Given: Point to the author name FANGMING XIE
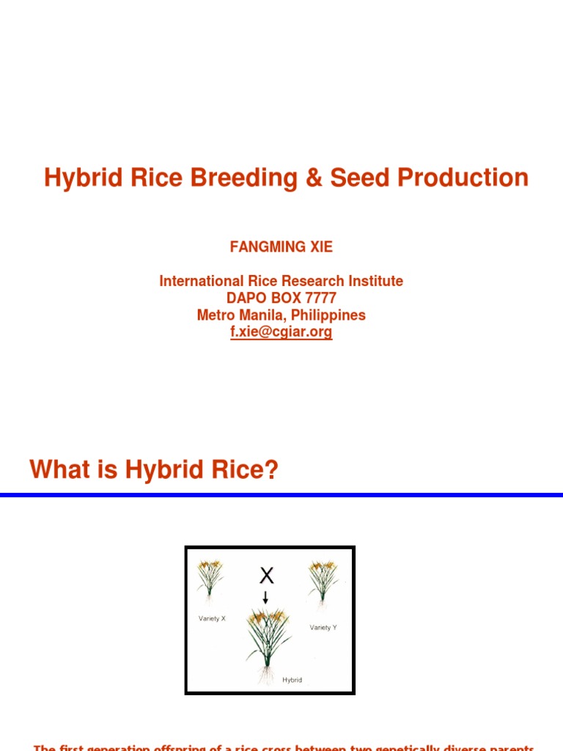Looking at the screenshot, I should click(281, 247).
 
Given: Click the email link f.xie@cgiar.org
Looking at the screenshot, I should click(281, 331).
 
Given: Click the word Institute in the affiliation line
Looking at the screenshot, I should click(374, 281).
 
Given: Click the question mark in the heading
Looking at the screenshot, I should click(272, 469).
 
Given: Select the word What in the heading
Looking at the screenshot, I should click(59, 469).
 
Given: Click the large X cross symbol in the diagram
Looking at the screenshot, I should click(267, 576).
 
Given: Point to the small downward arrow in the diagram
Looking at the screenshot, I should click(265, 597).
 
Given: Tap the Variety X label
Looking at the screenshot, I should click(212, 618).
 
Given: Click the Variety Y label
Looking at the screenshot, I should click(323, 627).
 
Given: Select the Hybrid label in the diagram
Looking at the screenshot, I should click(292, 680).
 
